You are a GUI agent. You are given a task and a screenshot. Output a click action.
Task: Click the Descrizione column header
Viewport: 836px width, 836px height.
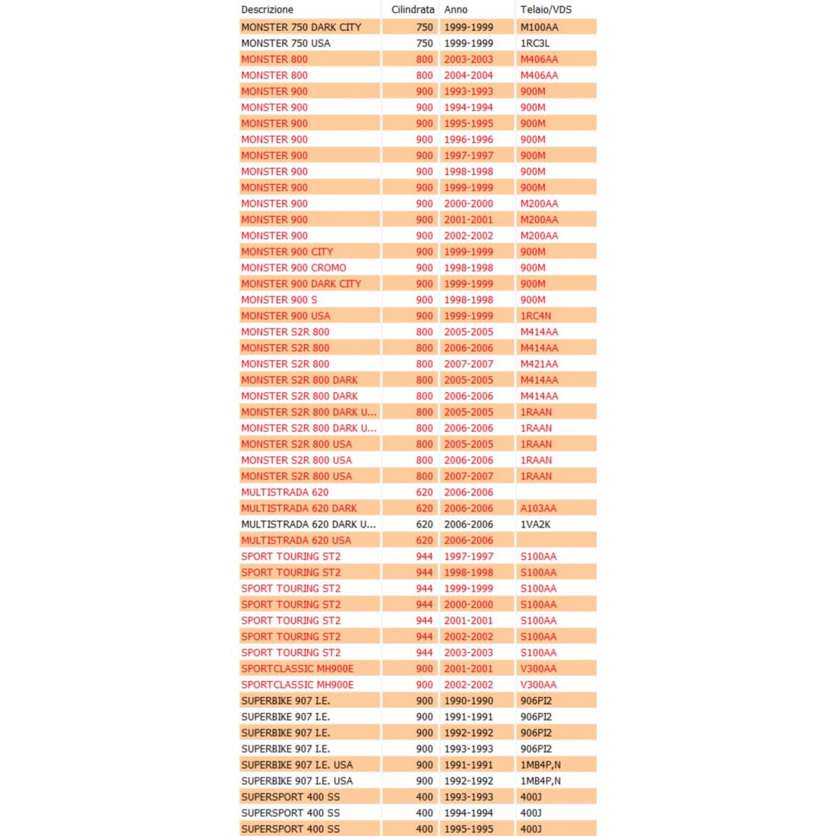267,10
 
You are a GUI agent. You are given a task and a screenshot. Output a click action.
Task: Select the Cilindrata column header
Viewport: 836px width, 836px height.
413,10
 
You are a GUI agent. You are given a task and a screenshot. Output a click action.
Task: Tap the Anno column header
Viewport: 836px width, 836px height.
456,10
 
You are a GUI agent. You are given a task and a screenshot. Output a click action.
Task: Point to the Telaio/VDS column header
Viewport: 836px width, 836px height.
546,10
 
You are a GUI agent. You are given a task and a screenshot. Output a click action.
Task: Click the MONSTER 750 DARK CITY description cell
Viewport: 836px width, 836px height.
301,27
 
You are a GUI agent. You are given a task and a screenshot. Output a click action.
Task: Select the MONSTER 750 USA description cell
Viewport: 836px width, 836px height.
286,43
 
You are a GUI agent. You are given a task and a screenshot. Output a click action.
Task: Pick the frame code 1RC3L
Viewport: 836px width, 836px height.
535,43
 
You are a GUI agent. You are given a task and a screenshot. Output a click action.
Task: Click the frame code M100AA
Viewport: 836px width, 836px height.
539,27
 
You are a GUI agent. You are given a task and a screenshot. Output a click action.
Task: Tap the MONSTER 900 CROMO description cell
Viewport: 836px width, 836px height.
293,268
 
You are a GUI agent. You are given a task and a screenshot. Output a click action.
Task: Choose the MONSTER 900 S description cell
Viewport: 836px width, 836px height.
279,299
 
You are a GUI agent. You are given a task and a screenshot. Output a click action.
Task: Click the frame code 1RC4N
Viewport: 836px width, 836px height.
536,315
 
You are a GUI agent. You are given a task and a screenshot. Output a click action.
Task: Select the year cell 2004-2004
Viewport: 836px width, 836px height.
468,75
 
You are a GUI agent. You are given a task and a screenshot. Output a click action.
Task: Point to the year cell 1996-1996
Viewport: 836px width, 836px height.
468,139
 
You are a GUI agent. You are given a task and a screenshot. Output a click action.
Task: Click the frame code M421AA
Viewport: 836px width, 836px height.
539,364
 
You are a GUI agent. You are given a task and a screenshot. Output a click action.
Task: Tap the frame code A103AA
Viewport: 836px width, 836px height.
538,508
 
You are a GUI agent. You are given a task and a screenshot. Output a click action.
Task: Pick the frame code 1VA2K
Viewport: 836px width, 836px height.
535,524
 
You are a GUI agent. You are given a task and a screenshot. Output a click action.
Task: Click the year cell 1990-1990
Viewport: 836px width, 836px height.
468,701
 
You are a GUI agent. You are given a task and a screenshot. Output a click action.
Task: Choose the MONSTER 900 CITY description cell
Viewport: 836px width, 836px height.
287,252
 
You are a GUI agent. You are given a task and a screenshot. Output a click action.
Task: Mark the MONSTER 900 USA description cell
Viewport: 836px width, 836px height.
286,315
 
